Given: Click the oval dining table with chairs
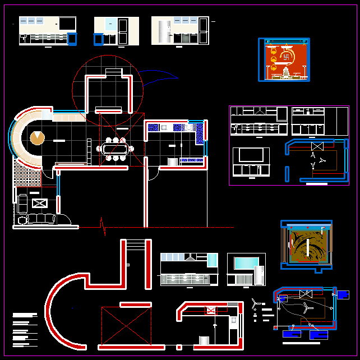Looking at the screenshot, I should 116,149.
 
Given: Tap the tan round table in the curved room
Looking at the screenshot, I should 38,137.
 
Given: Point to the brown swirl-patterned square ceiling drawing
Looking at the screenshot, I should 307,245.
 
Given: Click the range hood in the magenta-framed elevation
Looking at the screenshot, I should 260,111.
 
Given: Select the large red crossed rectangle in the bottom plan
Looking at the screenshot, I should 126,326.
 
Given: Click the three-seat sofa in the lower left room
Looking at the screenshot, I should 37,218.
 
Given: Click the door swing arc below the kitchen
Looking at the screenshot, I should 153,174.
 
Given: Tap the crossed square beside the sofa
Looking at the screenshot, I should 39,204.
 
